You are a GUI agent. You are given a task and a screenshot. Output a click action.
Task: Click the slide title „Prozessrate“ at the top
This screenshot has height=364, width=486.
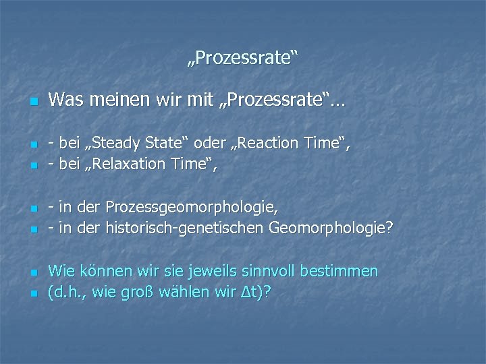click(x=242, y=60)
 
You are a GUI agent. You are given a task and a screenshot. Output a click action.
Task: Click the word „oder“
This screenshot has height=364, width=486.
click(x=206, y=144)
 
